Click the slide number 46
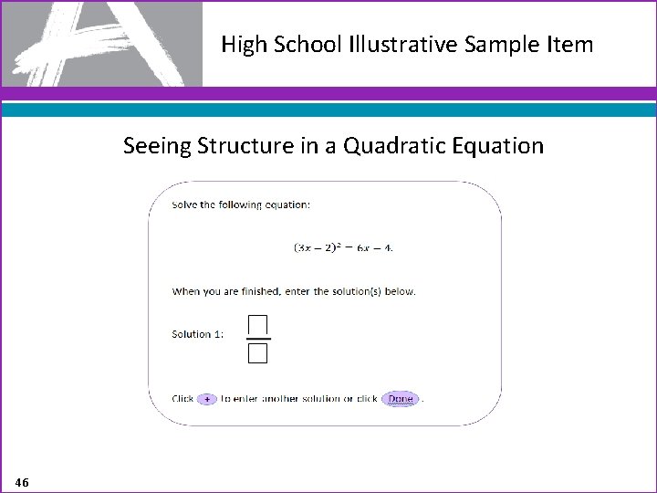pos(22,481)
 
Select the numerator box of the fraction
pos(257,325)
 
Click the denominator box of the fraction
pos(257,353)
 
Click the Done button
pos(400,399)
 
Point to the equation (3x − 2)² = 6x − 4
pos(343,247)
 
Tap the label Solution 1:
pos(197,334)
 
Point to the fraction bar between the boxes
pos(257,340)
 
